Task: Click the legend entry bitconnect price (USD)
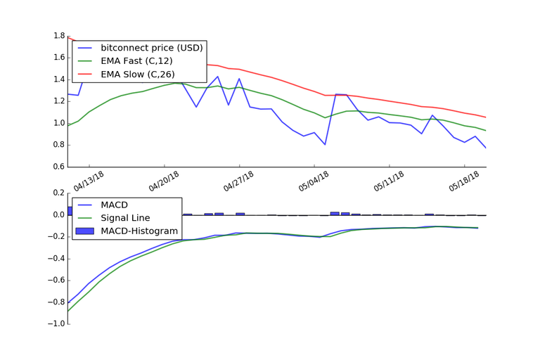click(x=151, y=48)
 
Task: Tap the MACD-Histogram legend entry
click(x=139, y=231)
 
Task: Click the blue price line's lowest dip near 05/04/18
click(x=325, y=144)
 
